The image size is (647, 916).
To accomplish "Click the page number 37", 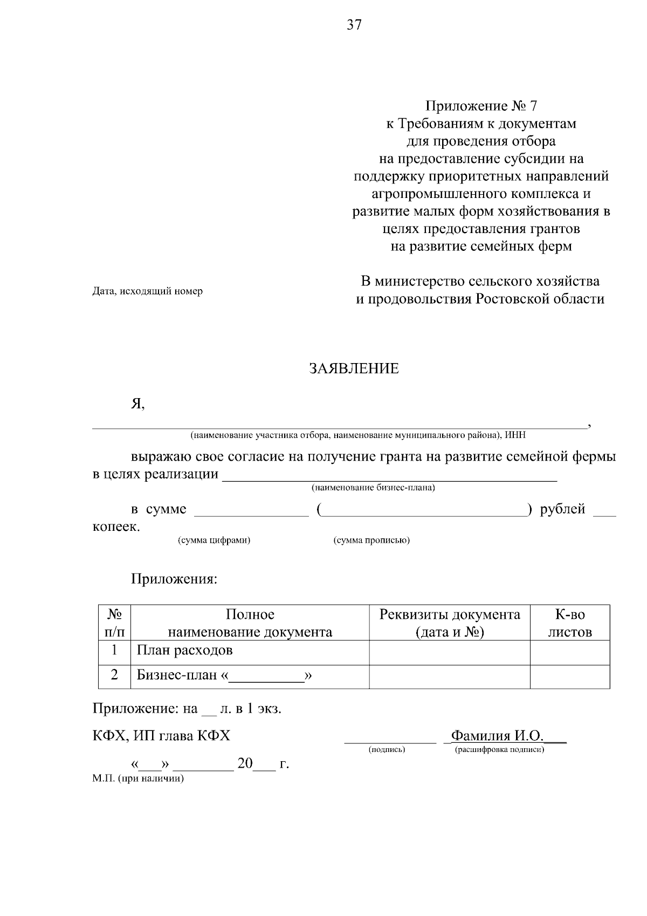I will [354, 25].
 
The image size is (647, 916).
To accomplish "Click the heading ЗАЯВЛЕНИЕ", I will [354, 369].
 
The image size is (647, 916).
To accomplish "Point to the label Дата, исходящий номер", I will [148, 291].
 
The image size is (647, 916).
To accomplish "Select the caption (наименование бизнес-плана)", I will [373, 488].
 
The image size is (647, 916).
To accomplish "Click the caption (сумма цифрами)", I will [214, 540].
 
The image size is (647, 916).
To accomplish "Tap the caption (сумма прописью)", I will [371, 540].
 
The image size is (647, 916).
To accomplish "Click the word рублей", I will [562, 509].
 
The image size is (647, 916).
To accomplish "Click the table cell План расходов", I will [185, 651].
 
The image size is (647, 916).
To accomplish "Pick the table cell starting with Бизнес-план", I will [225, 675].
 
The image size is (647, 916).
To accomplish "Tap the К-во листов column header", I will [570, 623].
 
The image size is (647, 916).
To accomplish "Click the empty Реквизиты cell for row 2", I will [450, 676].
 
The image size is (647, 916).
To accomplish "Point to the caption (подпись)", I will [387, 750].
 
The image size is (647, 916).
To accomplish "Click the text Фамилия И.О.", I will [497, 736].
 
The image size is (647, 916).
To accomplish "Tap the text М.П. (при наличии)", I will [139, 779].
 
